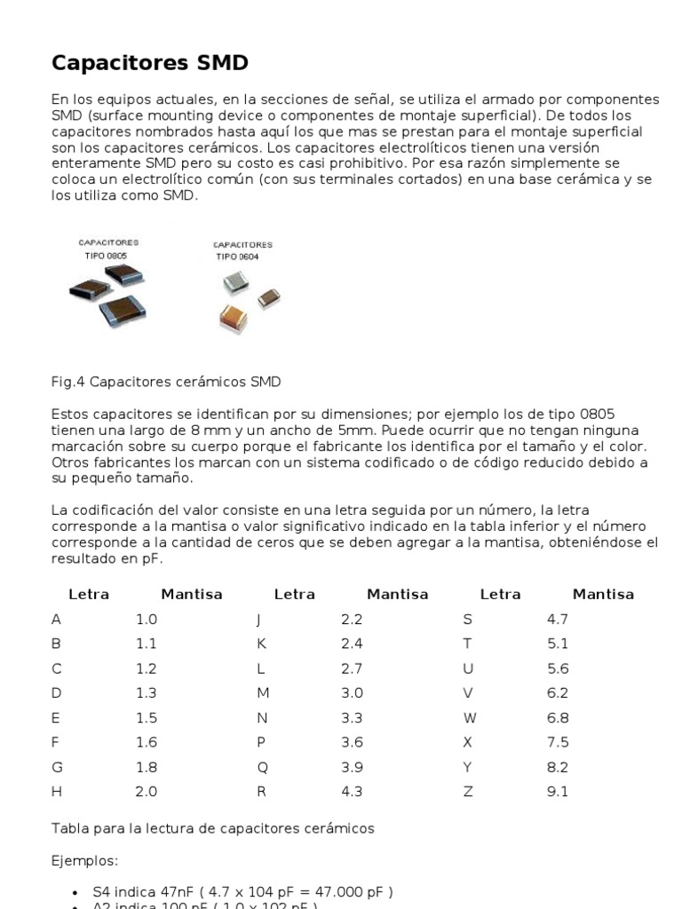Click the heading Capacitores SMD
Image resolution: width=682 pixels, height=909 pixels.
(x=150, y=63)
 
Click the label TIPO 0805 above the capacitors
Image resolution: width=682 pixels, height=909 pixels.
(x=107, y=255)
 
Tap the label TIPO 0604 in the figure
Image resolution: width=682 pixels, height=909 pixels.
(x=237, y=257)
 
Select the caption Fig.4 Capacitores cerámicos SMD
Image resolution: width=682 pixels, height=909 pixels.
(x=166, y=382)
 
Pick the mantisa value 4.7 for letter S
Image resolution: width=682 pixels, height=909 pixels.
(x=558, y=620)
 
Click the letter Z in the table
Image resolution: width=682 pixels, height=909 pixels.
(x=468, y=792)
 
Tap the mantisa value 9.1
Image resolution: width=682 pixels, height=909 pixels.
(x=558, y=792)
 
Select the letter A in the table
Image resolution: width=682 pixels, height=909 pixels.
(x=57, y=620)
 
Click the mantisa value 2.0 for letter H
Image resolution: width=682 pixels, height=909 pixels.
(x=146, y=792)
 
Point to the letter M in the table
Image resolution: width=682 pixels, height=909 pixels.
(x=263, y=693)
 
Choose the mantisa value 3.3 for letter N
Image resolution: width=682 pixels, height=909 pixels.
(x=352, y=718)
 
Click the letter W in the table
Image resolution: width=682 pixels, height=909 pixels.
(x=470, y=718)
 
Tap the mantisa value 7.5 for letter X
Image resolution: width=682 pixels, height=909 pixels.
(x=558, y=742)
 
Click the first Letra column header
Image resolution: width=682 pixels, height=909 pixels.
(x=89, y=595)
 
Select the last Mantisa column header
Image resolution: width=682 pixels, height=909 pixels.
(x=603, y=595)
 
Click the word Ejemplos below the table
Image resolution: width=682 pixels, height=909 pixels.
(x=84, y=861)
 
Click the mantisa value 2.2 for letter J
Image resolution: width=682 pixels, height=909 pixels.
(x=352, y=620)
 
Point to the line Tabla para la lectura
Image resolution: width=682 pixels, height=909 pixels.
(x=213, y=828)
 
